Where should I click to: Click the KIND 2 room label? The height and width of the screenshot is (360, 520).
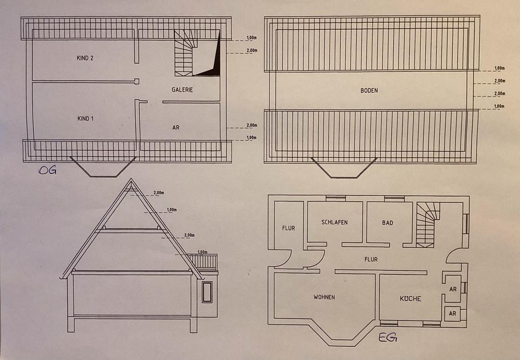(x=85, y=57)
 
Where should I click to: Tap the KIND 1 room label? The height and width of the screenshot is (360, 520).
(x=85, y=118)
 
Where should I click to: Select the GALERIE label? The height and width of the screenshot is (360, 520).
(x=183, y=90)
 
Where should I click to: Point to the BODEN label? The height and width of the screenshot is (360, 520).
(x=369, y=91)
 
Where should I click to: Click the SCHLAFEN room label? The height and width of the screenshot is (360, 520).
(x=334, y=222)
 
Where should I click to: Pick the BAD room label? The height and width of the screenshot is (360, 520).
(x=387, y=223)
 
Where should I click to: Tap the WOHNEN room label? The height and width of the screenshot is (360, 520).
(x=324, y=297)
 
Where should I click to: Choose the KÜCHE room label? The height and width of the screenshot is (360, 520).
(x=411, y=299)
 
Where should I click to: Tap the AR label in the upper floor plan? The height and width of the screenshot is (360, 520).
(x=175, y=128)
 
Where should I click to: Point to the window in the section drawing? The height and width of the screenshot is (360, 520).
(x=207, y=292)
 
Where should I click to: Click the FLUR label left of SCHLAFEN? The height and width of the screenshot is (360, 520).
(x=288, y=228)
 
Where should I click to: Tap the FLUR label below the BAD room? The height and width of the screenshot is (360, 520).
(x=371, y=260)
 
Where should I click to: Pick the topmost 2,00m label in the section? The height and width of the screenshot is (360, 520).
(x=159, y=193)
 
